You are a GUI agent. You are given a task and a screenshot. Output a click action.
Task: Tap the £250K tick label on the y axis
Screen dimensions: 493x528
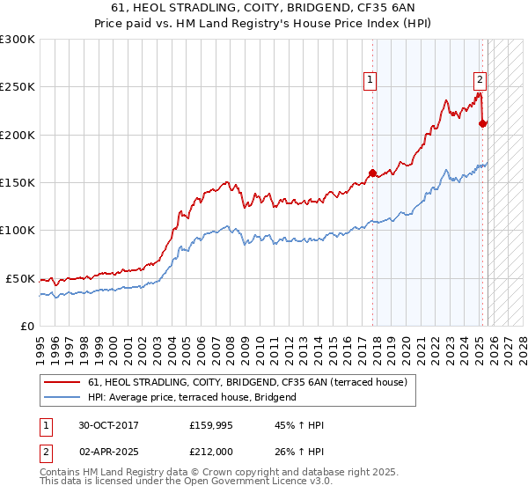18,87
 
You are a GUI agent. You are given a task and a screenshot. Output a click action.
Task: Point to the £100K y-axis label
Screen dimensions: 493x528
18,230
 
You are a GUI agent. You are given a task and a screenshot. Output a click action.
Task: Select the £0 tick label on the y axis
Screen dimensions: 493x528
26,326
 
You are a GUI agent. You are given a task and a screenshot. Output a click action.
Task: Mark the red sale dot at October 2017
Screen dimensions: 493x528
372,173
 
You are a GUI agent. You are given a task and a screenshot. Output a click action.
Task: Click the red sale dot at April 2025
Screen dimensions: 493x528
482,124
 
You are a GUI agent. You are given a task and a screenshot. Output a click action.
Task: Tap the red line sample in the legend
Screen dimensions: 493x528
62,383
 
